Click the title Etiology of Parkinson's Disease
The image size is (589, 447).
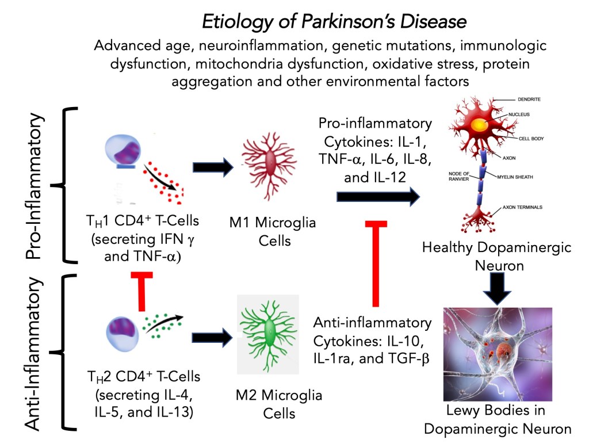click(334, 22)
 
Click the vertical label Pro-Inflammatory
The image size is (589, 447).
click(36, 186)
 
